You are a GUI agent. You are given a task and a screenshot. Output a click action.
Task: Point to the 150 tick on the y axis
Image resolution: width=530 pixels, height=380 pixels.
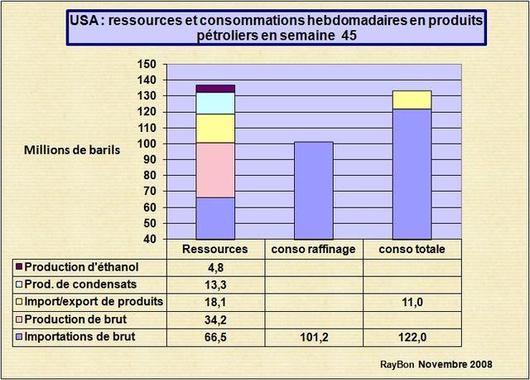[147, 65]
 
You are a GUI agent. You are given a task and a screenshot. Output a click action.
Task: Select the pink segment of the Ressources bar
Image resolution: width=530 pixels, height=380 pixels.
[214, 170]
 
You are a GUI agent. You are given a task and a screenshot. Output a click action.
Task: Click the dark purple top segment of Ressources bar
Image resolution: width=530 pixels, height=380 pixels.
[214, 88]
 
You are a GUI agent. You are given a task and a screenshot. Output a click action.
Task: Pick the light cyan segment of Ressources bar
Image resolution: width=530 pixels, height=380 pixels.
[214, 103]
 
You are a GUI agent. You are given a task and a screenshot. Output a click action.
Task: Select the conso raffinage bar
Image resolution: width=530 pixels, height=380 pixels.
[313, 190]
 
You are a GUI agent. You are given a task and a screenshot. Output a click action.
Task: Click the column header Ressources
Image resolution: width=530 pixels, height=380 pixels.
[214, 249]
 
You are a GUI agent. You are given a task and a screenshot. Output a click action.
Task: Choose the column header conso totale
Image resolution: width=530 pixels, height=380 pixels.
[412, 249]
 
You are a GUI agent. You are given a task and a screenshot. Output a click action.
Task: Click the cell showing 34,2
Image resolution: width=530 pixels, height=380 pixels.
[214, 319]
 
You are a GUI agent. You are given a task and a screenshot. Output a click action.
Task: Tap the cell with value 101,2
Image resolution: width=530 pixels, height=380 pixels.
[313, 336]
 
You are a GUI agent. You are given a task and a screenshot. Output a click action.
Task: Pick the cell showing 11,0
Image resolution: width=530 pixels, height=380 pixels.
[412, 302]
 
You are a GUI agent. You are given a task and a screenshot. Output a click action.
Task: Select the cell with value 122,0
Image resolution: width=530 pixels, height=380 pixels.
[412, 336]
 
